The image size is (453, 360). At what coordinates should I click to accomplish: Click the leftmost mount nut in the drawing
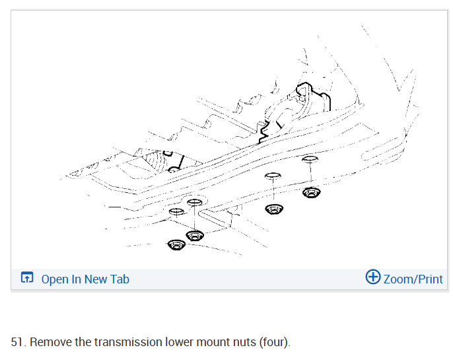pyautogui.click(x=176, y=244)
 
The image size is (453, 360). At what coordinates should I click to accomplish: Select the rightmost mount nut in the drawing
pyautogui.click(x=311, y=193)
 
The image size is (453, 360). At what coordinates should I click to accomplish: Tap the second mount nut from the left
pyautogui.click(x=194, y=234)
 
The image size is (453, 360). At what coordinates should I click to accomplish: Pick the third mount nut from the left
pyautogui.click(x=273, y=209)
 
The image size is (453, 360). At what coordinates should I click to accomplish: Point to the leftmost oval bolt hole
pyautogui.click(x=176, y=212)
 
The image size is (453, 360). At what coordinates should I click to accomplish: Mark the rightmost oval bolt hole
pyautogui.click(x=309, y=159)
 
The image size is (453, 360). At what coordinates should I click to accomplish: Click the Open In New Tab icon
pyautogui.click(x=27, y=278)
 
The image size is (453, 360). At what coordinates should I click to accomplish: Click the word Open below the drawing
pyautogui.click(x=55, y=279)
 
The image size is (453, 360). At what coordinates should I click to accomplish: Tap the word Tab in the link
pyautogui.click(x=119, y=279)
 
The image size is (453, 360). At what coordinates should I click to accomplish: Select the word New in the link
pyautogui.click(x=95, y=279)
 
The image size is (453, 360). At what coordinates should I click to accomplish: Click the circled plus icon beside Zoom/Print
pyautogui.click(x=373, y=277)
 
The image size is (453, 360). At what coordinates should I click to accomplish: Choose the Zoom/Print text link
pyautogui.click(x=413, y=279)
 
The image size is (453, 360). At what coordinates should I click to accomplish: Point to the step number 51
pyautogui.click(x=18, y=342)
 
